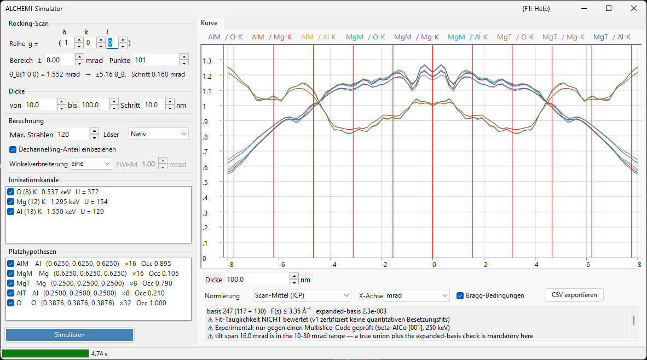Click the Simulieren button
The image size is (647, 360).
(x=70, y=335)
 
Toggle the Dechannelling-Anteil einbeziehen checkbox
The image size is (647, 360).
(x=13, y=150)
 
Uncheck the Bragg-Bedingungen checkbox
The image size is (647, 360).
(x=460, y=295)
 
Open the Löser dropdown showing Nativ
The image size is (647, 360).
(x=158, y=134)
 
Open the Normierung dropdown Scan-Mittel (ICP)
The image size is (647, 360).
(x=302, y=295)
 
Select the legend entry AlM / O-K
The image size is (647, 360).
(x=226, y=37)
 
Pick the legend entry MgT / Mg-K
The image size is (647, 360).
(x=563, y=37)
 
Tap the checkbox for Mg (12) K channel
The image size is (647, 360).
(x=11, y=202)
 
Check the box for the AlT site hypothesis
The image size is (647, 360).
(x=11, y=293)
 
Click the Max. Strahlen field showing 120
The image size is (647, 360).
(x=73, y=135)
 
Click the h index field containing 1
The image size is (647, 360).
(x=68, y=43)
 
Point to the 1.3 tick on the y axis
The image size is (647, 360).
(x=207, y=61)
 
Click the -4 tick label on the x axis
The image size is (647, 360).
(x=333, y=265)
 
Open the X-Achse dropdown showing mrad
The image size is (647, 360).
(x=417, y=295)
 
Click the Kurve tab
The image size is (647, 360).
(x=209, y=23)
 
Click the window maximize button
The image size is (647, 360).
(x=609, y=8)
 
